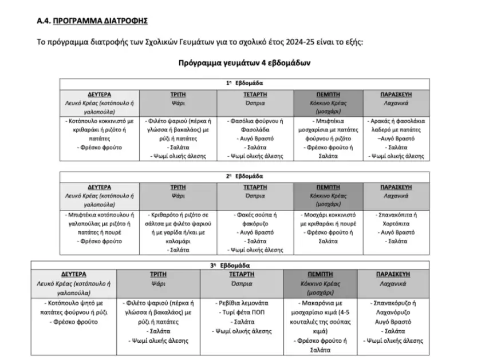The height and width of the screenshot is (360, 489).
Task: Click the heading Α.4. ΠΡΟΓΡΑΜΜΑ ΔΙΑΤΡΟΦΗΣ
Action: tap(92, 21)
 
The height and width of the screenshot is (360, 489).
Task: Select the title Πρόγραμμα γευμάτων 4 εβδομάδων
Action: tap(244, 62)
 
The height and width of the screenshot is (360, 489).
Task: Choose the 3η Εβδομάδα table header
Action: tap(230, 265)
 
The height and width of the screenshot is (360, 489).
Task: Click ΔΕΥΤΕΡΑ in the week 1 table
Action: tap(100, 94)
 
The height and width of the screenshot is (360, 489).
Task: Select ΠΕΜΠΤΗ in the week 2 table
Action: tap(328, 187)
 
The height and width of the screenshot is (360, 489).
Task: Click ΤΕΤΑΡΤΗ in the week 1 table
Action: tap(255, 94)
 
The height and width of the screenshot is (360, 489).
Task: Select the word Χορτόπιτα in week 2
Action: tap(399, 224)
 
